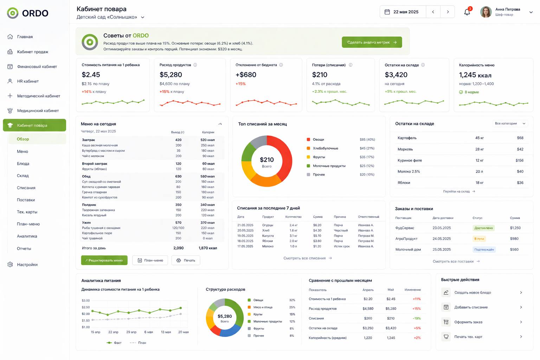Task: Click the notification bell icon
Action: (x=467, y=12)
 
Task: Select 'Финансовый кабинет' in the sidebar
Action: (x=37, y=66)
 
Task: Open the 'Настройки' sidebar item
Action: (x=27, y=264)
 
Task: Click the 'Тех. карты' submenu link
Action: (x=27, y=212)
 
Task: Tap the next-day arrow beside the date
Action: (x=448, y=12)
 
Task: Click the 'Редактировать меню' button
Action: (x=104, y=260)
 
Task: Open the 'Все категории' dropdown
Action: (x=510, y=123)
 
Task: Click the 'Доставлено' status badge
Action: (x=483, y=228)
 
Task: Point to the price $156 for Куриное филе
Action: (x=520, y=160)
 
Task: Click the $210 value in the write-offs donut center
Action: (x=266, y=160)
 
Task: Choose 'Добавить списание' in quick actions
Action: (x=471, y=307)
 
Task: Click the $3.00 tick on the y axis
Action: (x=85, y=301)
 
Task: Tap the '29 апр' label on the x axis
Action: (x=131, y=332)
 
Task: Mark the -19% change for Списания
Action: (x=417, y=318)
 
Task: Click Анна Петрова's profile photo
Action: (x=486, y=12)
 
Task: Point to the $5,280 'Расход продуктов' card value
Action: (x=171, y=75)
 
